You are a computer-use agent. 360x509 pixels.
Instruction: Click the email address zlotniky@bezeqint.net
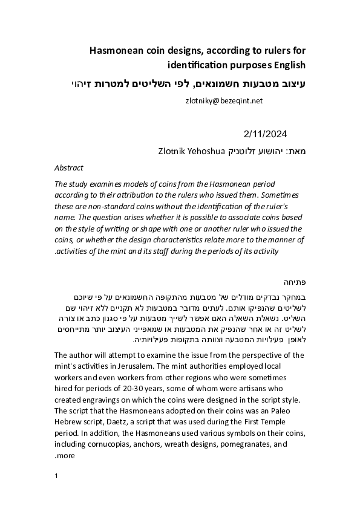tap(224, 102)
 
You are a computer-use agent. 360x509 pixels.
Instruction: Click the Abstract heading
tap(69, 167)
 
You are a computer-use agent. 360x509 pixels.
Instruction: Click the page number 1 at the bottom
tap(56, 476)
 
